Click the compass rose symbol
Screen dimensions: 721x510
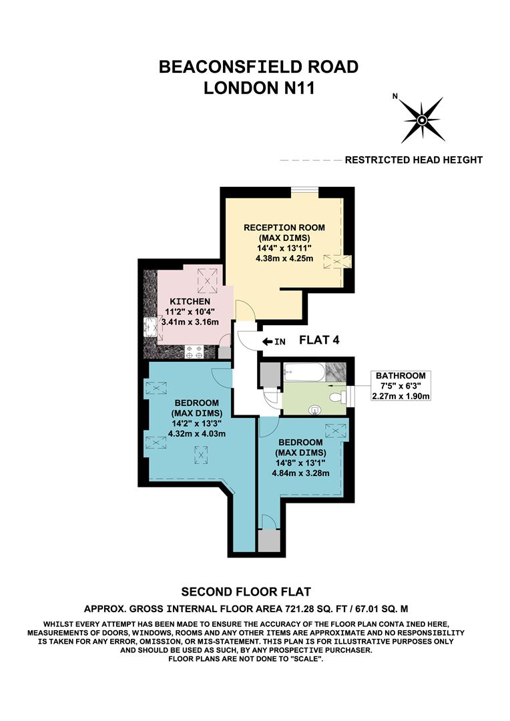pyautogui.click(x=423, y=120)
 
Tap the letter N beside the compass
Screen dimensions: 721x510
pyautogui.click(x=395, y=96)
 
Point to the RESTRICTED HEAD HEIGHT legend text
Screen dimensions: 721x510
pyautogui.click(x=413, y=160)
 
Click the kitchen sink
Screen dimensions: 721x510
pyautogui.click(x=152, y=327)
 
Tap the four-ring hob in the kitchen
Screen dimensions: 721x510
pyautogui.click(x=194, y=352)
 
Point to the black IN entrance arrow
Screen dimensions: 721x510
pyautogui.click(x=268, y=341)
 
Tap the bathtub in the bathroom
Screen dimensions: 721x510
pyautogui.click(x=304, y=372)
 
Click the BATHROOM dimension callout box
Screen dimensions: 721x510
pyautogui.click(x=400, y=387)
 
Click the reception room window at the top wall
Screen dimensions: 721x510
pyautogui.click(x=304, y=192)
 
